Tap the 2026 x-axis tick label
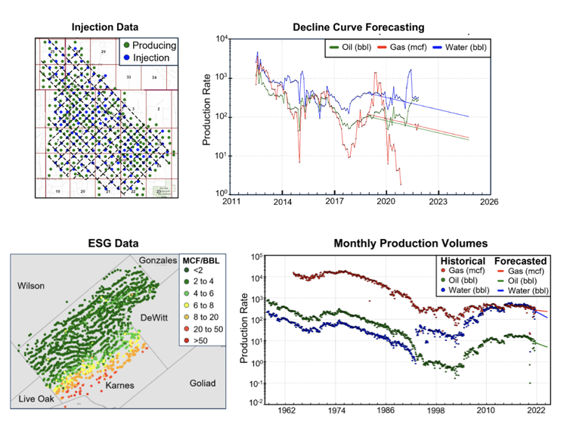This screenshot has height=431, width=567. (x=489, y=203)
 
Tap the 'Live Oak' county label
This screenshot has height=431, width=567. (x=31, y=398)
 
